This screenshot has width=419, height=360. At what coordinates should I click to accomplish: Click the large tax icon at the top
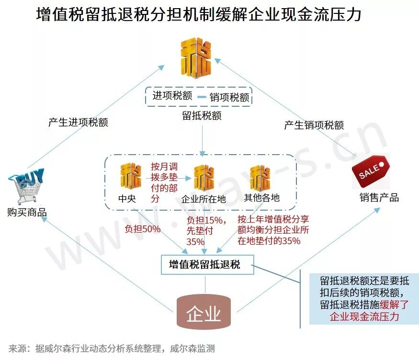click(x=196, y=58)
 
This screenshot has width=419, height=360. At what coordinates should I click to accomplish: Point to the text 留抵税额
click(x=201, y=115)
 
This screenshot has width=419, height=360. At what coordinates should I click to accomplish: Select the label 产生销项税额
click(x=314, y=125)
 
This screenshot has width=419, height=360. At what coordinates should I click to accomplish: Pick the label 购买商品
click(x=27, y=212)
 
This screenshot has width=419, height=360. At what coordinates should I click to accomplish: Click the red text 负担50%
click(x=142, y=229)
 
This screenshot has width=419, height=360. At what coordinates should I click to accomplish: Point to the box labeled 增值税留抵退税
click(x=207, y=264)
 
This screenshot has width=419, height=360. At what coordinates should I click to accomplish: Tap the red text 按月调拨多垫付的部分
click(x=164, y=182)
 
